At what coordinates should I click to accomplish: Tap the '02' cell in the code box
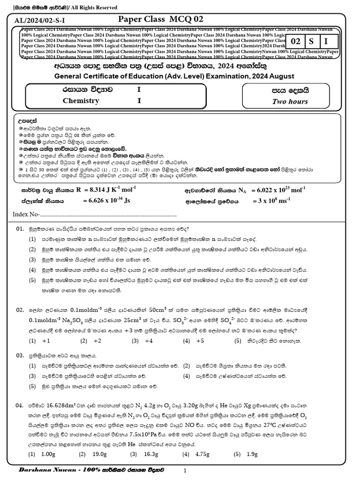[295, 41]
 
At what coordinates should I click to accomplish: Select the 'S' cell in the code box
[311, 41]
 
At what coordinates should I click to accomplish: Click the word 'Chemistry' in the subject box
[81, 100]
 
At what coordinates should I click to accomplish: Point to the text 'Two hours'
[290, 101]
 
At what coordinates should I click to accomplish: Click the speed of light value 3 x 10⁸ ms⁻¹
[272, 201]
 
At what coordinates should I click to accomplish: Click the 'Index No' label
[24, 215]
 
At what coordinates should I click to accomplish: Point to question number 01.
[20, 229]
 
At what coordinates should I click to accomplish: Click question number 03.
[20, 355]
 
